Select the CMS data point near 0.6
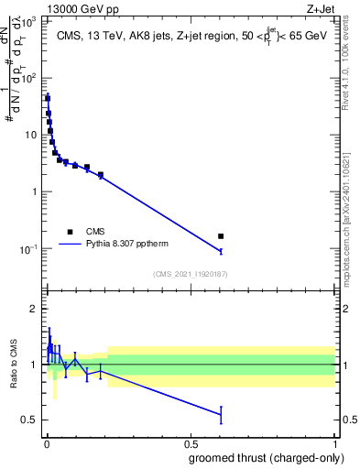pyautogui.click(x=221, y=236)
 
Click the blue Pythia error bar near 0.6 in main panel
pyautogui.click(x=221, y=251)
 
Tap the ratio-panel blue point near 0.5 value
pyautogui.click(x=221, y=415)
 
